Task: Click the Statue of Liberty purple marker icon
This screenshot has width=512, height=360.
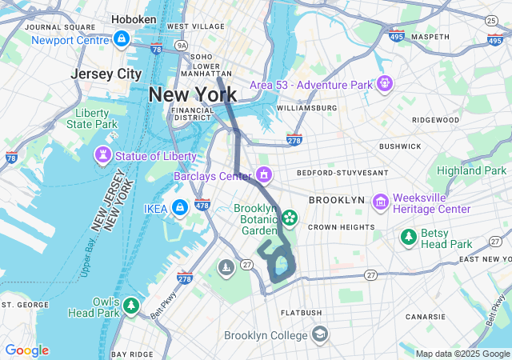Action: click(104, 154)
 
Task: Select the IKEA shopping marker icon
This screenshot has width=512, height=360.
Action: click(179, 208)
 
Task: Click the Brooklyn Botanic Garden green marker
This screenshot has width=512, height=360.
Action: click(288, 217)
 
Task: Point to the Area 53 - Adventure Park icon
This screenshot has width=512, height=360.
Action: click(386, 82)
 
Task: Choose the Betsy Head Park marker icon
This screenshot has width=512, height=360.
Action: click(409, 237)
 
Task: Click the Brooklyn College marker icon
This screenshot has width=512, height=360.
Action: click(319, 334)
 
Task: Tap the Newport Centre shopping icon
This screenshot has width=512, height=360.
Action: click(121, 38)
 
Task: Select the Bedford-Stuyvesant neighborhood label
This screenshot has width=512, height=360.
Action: click(342, 172)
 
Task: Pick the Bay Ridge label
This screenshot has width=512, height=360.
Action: click(130, 354)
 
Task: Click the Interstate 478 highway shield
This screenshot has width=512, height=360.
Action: click(202, 206)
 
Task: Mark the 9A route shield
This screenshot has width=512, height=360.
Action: click(182, 46)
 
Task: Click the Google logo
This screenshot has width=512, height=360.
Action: click(26, 350)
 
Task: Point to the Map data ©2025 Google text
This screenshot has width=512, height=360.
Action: click(462, 354)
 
